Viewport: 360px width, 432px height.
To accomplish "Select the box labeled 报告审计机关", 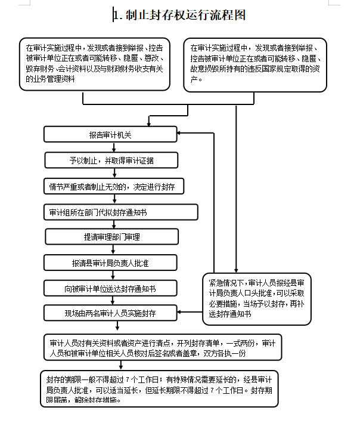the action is pyautogui.click(x=110, y=134).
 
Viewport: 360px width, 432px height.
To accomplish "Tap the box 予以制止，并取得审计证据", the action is pyautogui.click(x=111, y=160).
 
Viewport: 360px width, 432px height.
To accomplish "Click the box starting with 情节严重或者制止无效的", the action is pyautogui.click(x=114, y=186).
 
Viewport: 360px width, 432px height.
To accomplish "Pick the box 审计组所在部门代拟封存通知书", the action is pyautogui.click(x=120, y=212).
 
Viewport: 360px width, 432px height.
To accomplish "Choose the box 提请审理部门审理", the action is pyautogui.click(x=111, y=236).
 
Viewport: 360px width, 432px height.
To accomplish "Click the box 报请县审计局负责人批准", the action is pyautogui.click(x=110, y=263).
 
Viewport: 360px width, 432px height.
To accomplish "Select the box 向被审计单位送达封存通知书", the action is pyautogui.click(x=110, y=288).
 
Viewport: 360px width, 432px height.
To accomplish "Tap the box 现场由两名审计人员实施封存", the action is pyautogui.click(x=110, y=313).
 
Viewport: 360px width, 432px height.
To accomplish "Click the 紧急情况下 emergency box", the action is pyautogui.click(x=257, y=299).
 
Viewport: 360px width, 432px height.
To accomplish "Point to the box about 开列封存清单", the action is pyautogui.click(x=163, y=347).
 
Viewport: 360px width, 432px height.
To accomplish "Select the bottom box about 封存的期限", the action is pyautogui.click(x=159, y=389).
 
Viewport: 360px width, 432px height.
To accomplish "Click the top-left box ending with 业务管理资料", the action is pyautogui.click(x=94, y=64).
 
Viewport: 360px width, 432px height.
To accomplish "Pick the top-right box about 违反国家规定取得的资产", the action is pyautogui.click(x=255, y=65).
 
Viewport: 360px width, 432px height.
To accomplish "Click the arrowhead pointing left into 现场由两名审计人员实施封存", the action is pyautogui.click(x=179, y=312).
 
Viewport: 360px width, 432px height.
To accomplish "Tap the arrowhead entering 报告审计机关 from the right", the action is pyautogui.click(x=179, y=133).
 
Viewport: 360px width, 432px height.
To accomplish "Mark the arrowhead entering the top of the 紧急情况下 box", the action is pyautogui.click(x=236, y=271).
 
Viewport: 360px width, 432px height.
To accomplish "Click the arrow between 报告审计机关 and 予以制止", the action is pyautogui.click(x=114, y=147).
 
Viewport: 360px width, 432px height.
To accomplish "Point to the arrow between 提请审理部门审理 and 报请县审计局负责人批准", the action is pyautogui.click(x=113, y=249).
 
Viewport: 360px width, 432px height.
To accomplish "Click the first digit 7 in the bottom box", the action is pyautogui.click(x=128, y=380).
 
